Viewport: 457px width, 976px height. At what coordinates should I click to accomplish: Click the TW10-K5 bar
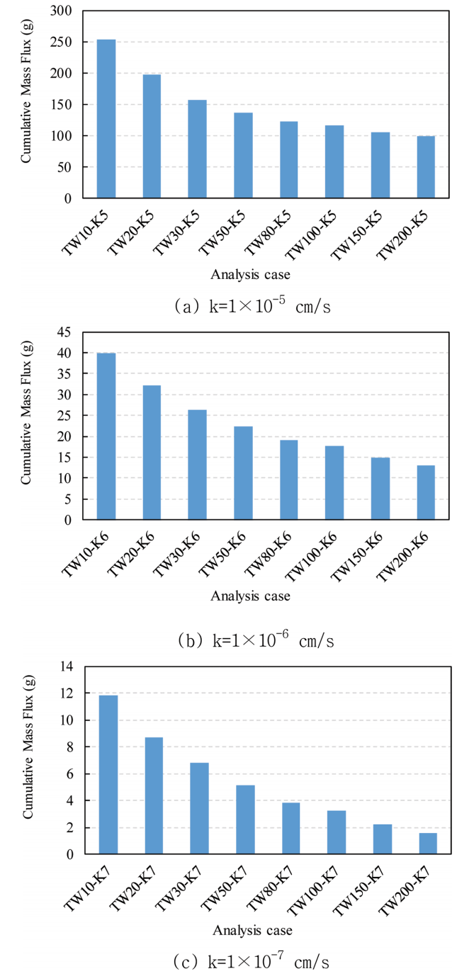pyautogui.click(x=106, y=119)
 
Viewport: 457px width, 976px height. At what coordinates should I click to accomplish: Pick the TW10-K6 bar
pyautogui.click(x=106, y=436)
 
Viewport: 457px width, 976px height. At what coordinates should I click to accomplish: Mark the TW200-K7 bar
pyautogui.click(x=427, y=844)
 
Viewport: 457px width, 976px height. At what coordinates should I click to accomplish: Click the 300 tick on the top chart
pyautogui.click(x=63, y=11)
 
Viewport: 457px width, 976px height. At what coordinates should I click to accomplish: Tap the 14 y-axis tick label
pyautogui.click(x=67, y=666)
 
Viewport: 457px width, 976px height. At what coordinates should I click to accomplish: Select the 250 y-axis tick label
pyautogui.click(x=63, y=42)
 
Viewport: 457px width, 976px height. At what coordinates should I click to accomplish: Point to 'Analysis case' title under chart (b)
pyautogui.click(x=250, y=596)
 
